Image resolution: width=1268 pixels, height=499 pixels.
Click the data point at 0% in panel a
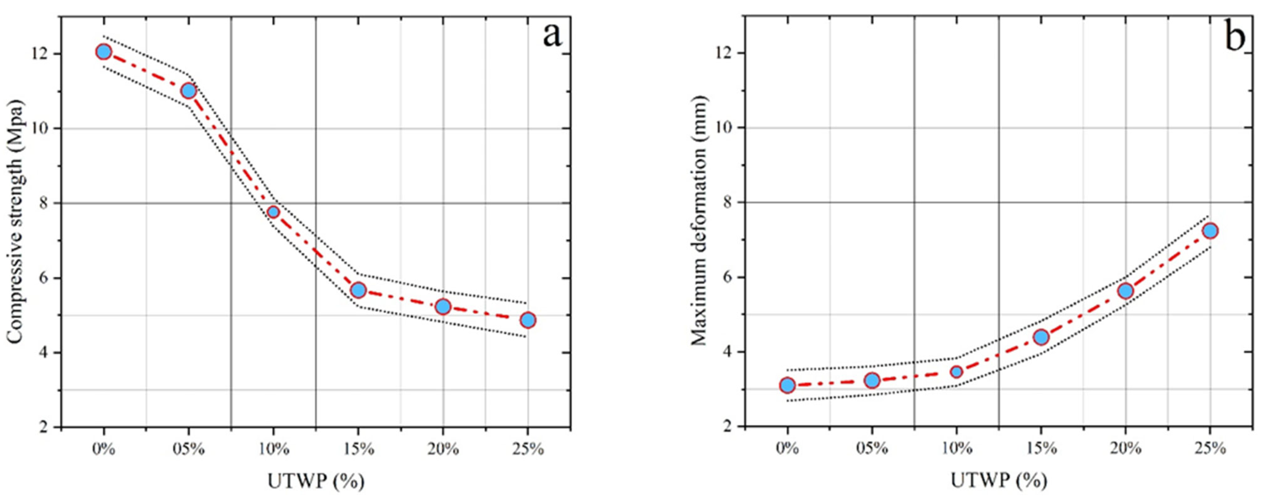point(103,52)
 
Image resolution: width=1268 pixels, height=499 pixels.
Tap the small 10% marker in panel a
point(273,212)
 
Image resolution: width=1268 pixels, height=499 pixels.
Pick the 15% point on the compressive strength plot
point(358,290)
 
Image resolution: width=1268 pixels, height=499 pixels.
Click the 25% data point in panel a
point(528,320)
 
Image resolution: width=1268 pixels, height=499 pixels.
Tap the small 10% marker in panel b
point(956,371)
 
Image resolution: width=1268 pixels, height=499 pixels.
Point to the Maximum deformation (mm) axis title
point(698,221)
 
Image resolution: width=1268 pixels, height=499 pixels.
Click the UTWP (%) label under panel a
point(316,481)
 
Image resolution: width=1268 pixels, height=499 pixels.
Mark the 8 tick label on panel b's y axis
point(727,202)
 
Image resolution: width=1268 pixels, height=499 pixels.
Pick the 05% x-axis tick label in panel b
point(872,449)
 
